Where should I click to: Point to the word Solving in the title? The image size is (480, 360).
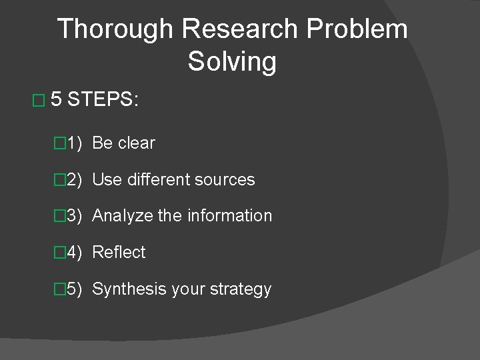click(231, 62)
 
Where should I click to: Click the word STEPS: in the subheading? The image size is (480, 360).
click(103, 101)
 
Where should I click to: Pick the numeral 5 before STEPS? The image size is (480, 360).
click(57, 101)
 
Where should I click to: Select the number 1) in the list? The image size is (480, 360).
click(73, 143)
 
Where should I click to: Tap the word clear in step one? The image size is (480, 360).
click(137, 143)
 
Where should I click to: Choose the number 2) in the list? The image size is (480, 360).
click(73, 180)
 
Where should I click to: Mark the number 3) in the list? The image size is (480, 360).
click(73, 216)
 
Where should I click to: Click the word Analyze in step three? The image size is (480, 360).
click(119, 216)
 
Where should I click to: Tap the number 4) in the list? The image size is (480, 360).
click(73, 253)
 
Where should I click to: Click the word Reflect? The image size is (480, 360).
click(119, 253)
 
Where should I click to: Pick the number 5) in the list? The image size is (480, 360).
click(73, 289)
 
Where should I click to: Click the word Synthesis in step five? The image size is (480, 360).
click(125, 289)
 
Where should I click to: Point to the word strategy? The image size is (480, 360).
click(240, 289)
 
